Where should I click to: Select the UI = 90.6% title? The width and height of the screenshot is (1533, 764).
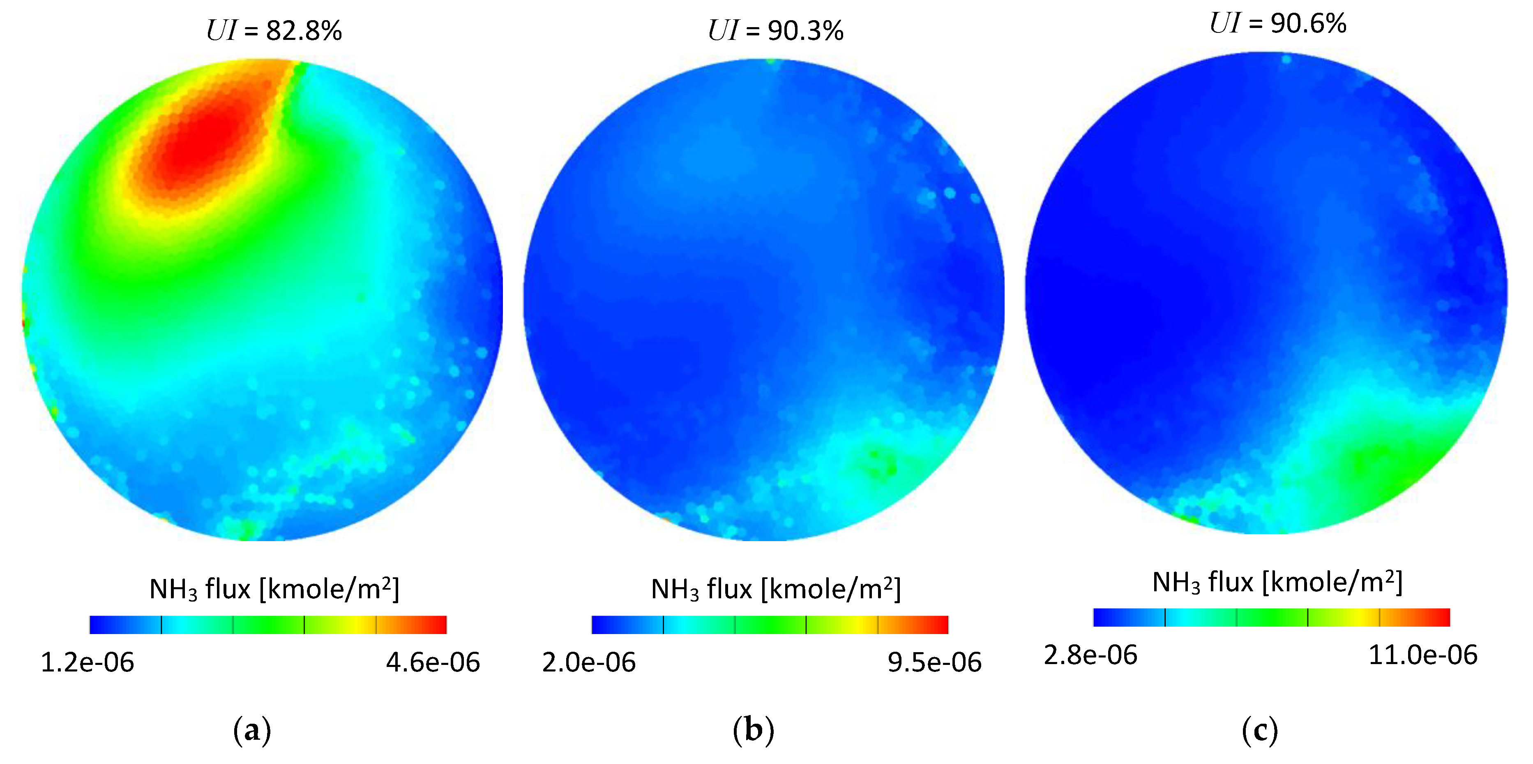pos(1278,23)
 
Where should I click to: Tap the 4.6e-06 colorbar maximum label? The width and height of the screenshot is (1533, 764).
pos(433,662)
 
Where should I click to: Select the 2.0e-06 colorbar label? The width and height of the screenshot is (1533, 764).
pos(588,662)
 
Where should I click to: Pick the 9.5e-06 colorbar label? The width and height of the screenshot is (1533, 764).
pos(934,662)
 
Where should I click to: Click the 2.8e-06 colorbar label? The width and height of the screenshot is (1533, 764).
pos(1090,655)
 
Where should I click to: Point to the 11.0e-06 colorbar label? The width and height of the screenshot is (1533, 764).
pos(1423,655)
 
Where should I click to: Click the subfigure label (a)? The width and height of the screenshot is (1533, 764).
pos(252,730)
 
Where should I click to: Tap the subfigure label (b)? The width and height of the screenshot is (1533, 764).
pos(754,730)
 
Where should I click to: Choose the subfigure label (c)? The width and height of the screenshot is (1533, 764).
pos(1259,730)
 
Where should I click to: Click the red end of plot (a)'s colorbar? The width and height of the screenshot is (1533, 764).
pos(438,625)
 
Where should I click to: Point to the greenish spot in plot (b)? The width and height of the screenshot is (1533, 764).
pos(878,461)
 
